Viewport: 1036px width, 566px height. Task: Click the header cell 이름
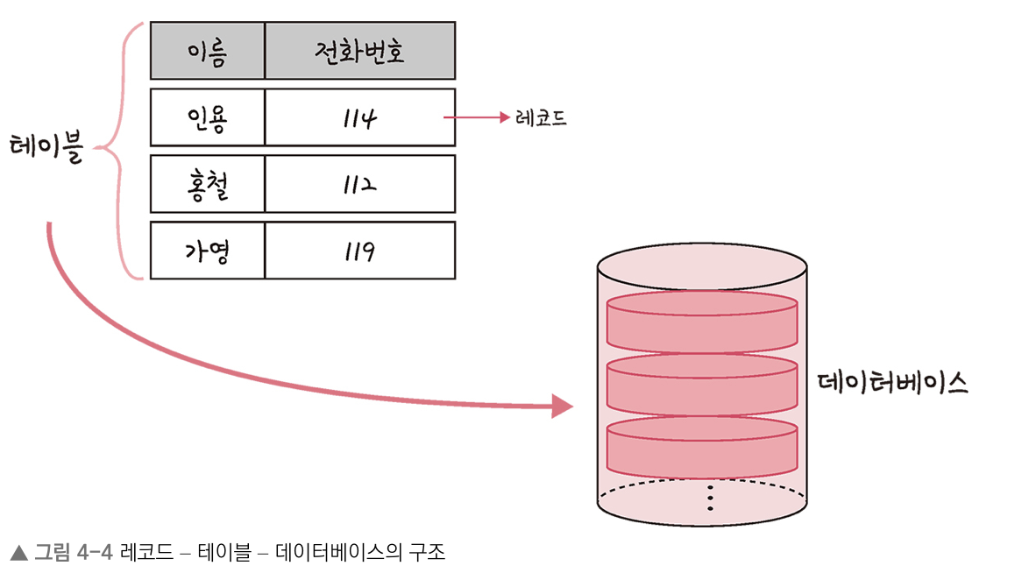(207, 51)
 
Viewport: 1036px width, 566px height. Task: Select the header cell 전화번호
(359, 51)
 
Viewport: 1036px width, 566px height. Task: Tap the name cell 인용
(207, 117)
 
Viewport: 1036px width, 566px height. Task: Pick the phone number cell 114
(359, 117)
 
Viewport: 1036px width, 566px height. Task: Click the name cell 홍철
(207, 184)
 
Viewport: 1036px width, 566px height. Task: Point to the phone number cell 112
(359, 184)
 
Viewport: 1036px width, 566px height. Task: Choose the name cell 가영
(207, 251)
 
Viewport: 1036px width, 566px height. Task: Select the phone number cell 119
(359, 251)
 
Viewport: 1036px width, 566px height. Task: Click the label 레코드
(541, 117)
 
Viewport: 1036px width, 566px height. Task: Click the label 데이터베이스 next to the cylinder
(891, 383)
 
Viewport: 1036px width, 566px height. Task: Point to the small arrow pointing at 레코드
(478, 117)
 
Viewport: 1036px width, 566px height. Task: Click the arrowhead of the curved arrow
(561, 405)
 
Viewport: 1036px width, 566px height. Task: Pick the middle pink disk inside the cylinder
(701, 384)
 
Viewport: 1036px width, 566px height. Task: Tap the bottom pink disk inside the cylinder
(701, 445)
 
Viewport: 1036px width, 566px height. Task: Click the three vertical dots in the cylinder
(710, 497)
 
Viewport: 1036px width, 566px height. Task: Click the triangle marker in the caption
(19, 552)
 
